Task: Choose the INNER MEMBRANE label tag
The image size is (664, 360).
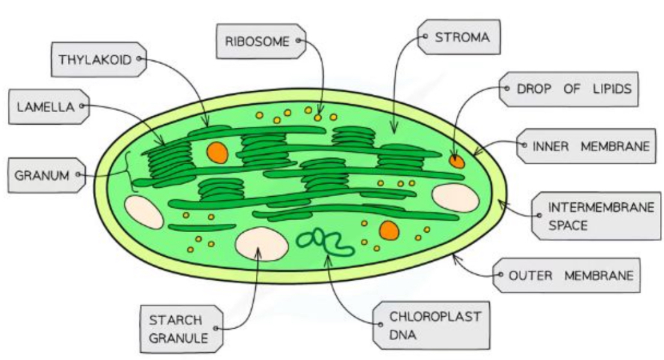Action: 582,146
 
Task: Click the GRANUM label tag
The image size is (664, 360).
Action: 46,175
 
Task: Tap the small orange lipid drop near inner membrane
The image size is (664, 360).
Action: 457,161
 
